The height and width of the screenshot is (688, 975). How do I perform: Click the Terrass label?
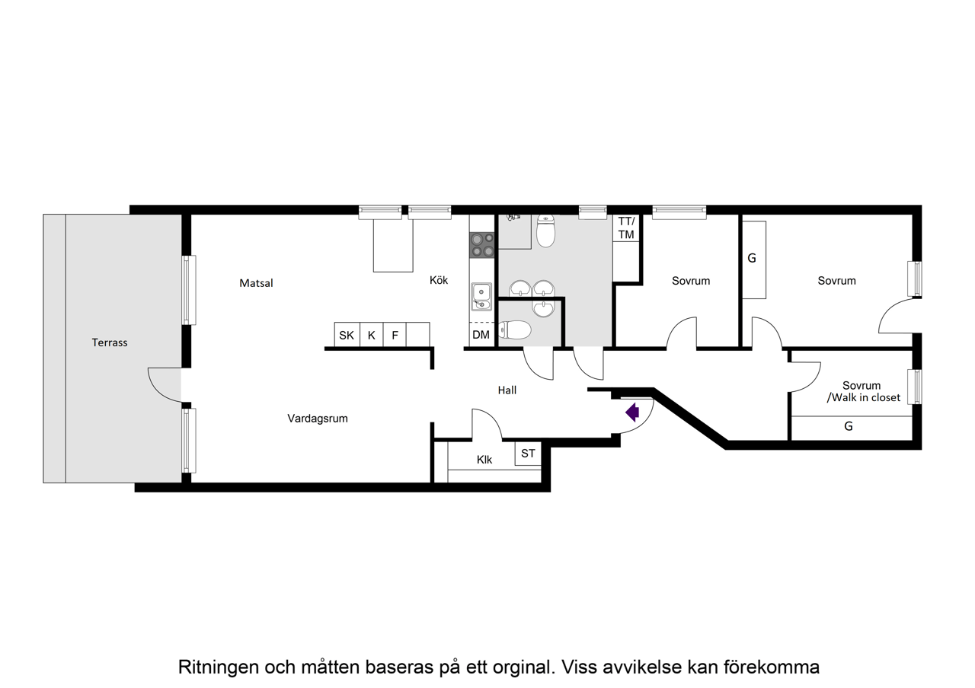click(110, 342)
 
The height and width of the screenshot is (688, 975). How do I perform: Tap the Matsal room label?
click(256, 283)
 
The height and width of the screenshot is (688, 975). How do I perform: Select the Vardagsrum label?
click(318, 418)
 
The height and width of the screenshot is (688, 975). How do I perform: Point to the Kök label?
click(439, 280)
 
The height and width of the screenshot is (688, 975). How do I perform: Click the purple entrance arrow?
click(631, 412)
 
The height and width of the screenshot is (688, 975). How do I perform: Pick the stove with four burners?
click(482, 245)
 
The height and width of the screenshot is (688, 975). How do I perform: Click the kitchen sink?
click(481, 296)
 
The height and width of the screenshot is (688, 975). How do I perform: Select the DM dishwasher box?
click(481, 335)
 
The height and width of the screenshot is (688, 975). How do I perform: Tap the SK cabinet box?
click(347, 335)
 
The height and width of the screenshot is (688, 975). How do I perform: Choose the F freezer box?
click(395, 335)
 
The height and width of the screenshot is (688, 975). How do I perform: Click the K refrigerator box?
click(371, 335)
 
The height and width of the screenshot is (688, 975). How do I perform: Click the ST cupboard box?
click(528, 454)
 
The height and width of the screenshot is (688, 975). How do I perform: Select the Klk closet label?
click(484, 460)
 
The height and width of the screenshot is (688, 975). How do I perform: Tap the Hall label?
click(507, 390)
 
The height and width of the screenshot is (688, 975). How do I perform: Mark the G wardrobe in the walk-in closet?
click(849, 427)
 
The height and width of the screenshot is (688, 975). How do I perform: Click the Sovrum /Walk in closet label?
click(862, 391)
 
